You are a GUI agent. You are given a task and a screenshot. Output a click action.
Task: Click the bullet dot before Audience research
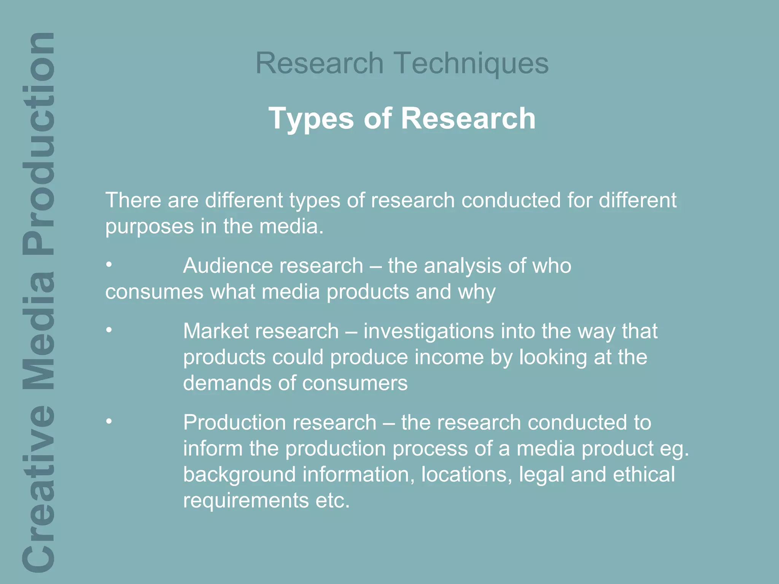109,265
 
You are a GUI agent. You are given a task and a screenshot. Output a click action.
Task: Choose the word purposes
149,227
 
